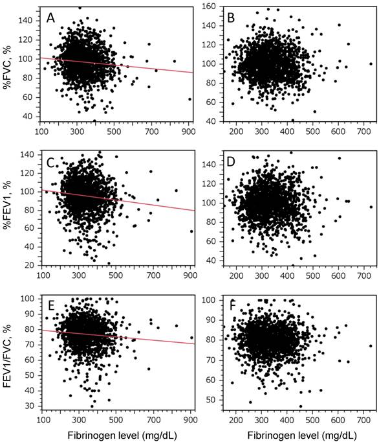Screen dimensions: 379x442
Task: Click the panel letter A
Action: coord(51,18)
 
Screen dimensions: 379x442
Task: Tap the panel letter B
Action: coord(231,18)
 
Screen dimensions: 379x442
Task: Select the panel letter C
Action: coord(50,163)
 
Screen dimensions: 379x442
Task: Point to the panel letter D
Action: coord(231,163)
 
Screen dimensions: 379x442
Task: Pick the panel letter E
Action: coord(51,306)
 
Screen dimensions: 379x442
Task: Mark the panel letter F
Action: coord(232,306)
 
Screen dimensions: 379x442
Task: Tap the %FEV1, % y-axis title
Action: coord(7,209)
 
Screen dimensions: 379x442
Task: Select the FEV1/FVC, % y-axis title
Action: coord(7,356)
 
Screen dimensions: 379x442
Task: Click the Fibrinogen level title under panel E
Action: coord(122,436)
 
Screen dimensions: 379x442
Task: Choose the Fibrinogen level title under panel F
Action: coord(302,436)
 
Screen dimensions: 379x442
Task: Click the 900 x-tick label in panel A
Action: coord(188,132)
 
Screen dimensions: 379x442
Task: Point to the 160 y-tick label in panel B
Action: coord(209,6)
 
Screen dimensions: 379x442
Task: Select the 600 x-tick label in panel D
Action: coord(338,275)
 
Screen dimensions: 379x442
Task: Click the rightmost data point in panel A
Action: coord(189,99)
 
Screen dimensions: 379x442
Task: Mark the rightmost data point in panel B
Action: coord(371,64)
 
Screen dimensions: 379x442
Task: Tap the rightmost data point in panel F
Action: coord(371,346)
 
